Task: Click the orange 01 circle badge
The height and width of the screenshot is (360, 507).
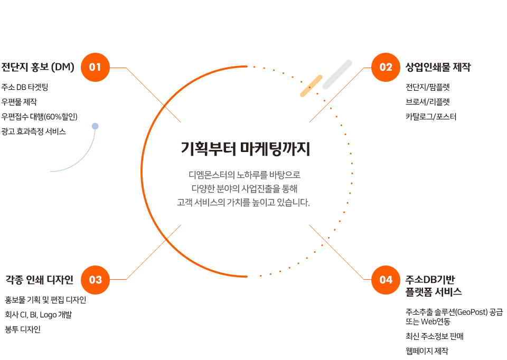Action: (95, 67)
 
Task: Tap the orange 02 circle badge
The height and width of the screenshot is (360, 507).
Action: (386, 67)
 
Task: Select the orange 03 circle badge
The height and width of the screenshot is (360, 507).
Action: (95, 280)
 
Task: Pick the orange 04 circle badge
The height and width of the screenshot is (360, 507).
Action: (386, 280)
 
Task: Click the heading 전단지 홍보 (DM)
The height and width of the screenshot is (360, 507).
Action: (38, 67)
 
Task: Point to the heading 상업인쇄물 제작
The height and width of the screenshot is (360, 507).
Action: (438, 67)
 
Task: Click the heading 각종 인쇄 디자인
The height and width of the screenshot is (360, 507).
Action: (40, 280)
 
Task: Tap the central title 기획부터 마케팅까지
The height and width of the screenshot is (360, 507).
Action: (246, 149)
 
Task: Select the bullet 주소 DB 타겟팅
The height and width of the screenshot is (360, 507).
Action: (25, 87)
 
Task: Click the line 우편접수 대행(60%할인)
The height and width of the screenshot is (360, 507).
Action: (40, 117)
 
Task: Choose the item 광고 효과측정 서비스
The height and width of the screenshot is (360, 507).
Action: (34, 131)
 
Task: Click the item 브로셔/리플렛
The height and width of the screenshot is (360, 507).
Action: (428, 102)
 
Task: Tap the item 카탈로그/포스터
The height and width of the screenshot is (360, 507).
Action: (431, 117)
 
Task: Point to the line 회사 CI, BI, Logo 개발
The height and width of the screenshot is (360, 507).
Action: (39, 315)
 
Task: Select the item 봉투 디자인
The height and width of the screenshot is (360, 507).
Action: (23, 329)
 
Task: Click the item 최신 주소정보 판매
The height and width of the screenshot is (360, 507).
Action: (435, 336)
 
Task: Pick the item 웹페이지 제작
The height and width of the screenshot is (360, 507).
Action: (427, 351)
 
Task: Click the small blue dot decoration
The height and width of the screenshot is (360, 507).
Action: (95, 126)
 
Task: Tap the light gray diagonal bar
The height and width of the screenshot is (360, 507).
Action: (337, 74)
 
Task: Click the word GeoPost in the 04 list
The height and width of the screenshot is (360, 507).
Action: (472, 312)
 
